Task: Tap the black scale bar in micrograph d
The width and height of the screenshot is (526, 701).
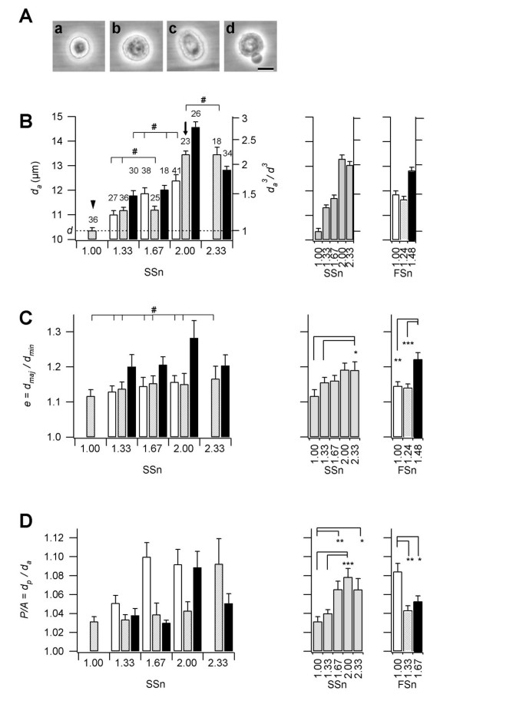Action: [265, 68]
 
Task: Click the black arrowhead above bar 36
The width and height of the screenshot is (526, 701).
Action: [92, 203]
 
